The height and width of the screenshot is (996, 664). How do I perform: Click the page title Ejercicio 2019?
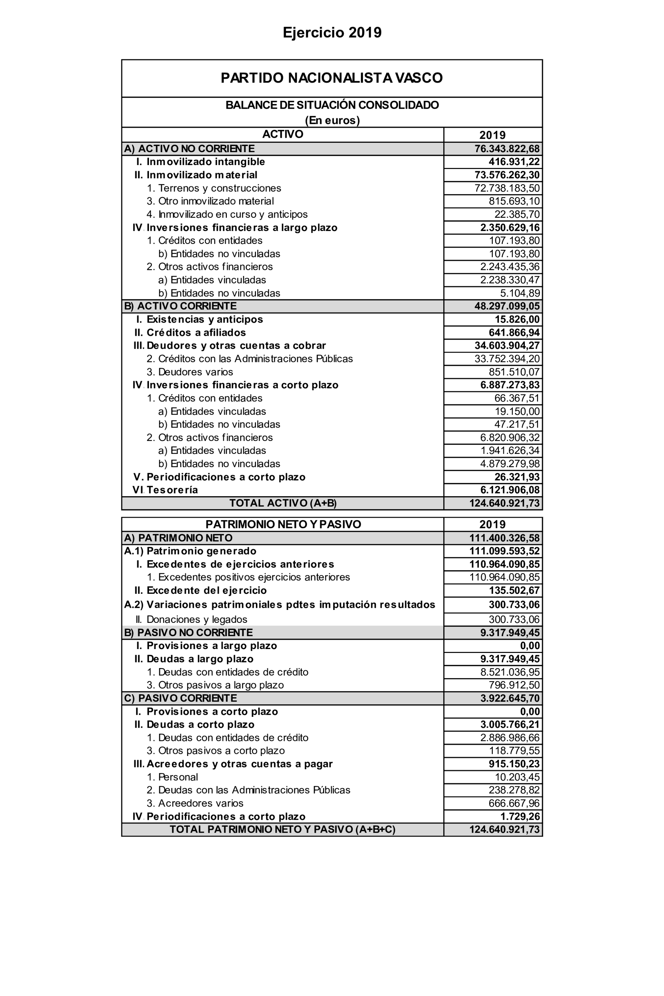pyautogui.click(x=332, y=33)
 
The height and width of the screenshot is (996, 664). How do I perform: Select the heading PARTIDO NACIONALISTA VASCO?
pyautogui.click(x=332, y=78)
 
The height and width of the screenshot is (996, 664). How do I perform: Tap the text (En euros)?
pyautogui.click(x=332, y=120)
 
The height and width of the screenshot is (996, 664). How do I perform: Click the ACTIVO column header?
pyautogui.click(x=282, y=134)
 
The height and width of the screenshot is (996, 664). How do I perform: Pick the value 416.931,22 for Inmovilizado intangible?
pyautogui.click(x=514, y=162)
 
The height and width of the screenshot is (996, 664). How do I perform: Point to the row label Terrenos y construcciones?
pyautogui.click(x=219, y=188)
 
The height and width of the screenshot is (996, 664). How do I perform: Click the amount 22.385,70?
pyautogui.click(x=516, y=214)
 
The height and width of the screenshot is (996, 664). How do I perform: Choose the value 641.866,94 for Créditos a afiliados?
pyautogui.click(x=514, y=332)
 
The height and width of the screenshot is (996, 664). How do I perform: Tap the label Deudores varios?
pyautogui.click(x=195, y=372)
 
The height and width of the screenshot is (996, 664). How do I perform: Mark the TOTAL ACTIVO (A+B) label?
pyautogui.click(x=283, y=503)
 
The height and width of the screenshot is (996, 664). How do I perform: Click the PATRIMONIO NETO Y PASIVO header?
pyautogui.click(x=283, y=524)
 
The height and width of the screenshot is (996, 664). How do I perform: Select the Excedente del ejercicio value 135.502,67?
pyautogui.click(x=514, y=590)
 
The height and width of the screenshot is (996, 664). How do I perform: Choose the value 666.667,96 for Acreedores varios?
pyautogui.click(x=514, y=803)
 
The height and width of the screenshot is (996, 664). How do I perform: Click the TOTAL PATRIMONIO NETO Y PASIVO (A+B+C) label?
pyautogui.click(x=282, y=829)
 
